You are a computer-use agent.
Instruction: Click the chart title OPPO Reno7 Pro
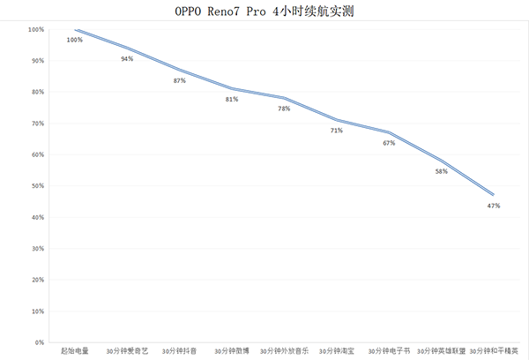tap(265, 11)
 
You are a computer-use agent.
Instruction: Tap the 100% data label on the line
tap(74, 40)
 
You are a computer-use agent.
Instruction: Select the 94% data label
tap(127, 58)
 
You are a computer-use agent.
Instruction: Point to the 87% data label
tap(180, 80)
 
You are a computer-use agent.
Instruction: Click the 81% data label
tap(232, 99)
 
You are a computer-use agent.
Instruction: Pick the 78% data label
tap(284, 109)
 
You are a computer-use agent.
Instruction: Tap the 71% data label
tap(336, 131)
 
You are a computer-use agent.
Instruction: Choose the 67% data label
tap(389, 143)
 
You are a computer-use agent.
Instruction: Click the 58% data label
tap(441, 171)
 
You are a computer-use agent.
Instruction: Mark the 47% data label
tap(494, 206)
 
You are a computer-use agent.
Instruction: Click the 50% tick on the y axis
tap(36, 186)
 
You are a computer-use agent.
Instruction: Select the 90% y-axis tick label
tap(36, 61)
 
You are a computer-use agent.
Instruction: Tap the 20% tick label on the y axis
tap(36, 280)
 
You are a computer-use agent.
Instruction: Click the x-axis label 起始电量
tap(75, 351)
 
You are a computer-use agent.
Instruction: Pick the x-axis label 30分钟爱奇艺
tap(127, 351)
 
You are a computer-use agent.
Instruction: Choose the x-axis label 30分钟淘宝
tap(337, 351)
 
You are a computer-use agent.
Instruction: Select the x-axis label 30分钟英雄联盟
tap(441, 351)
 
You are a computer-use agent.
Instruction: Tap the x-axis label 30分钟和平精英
tap(495, 351)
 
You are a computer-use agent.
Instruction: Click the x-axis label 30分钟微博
tap(232, 351)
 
